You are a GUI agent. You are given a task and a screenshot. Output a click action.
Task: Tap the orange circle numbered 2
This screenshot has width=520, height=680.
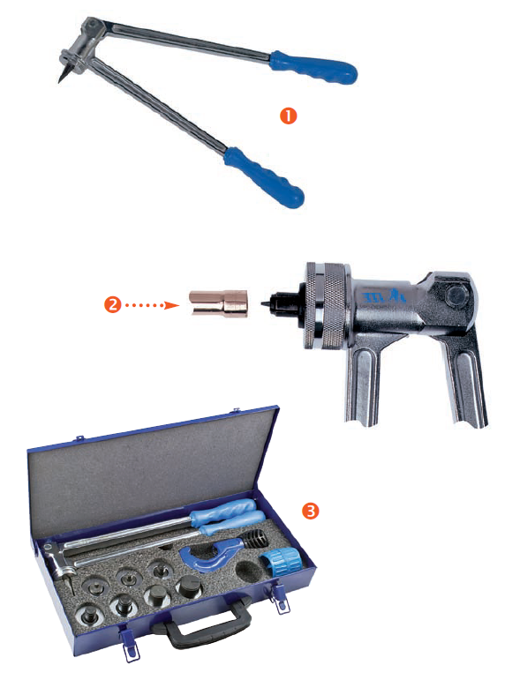click(112, 305)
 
